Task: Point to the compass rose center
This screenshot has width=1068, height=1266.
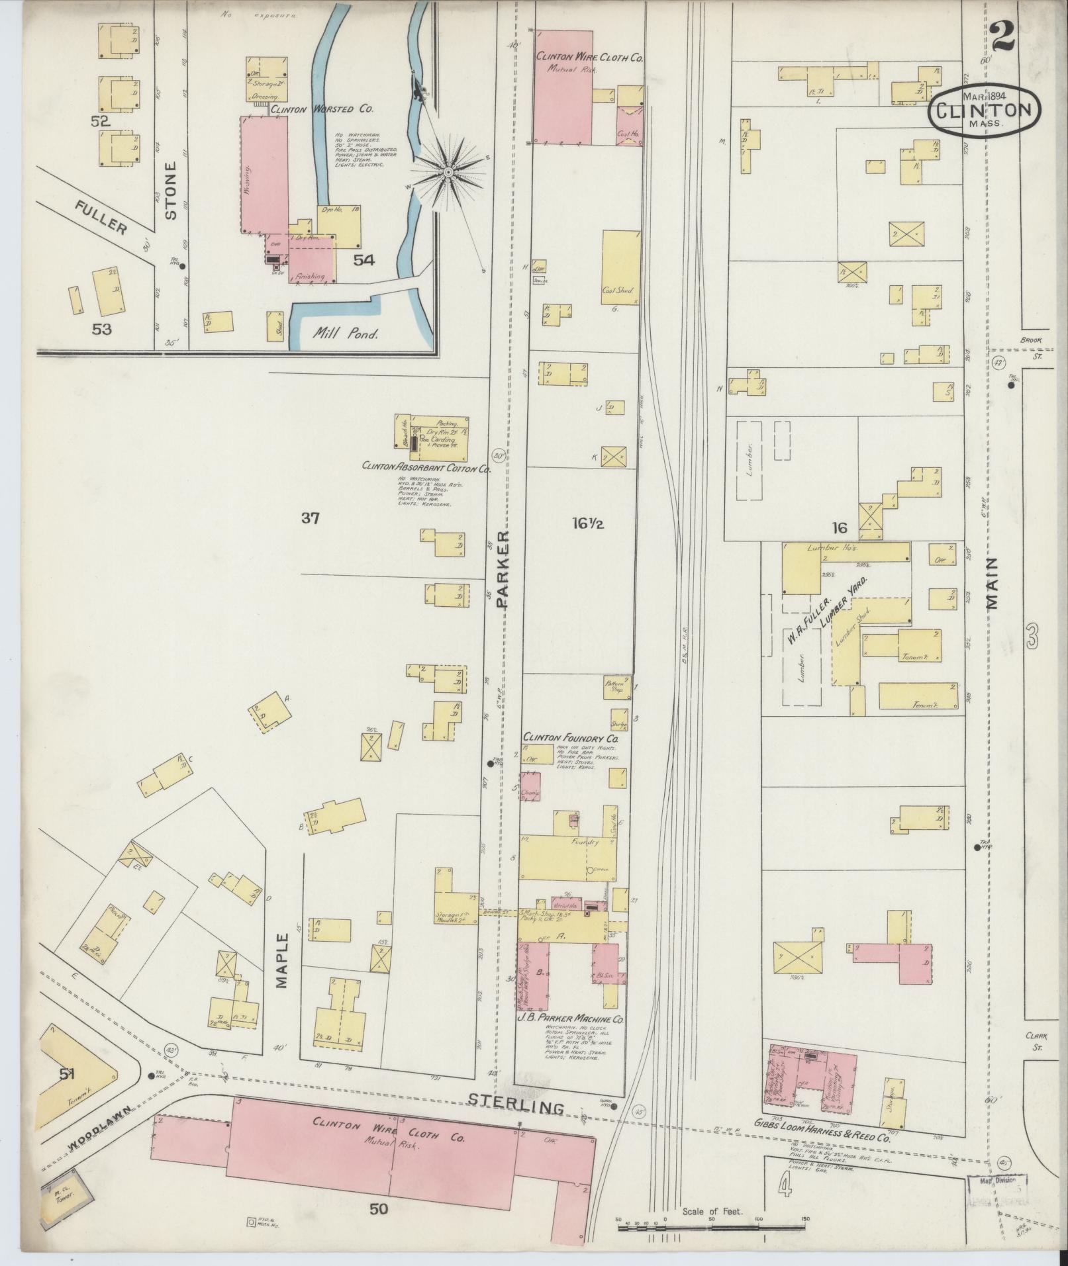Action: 448,172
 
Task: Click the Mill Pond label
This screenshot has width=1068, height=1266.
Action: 346,334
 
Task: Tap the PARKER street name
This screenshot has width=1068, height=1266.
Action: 505,568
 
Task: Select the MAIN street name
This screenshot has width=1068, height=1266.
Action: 991,583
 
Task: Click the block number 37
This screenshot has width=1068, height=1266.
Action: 310,519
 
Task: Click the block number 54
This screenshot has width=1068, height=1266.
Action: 364,260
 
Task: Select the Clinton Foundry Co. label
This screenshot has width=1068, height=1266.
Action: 570,737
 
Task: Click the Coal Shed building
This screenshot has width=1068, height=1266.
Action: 620,267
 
